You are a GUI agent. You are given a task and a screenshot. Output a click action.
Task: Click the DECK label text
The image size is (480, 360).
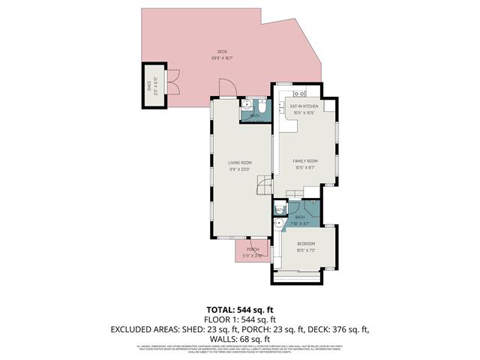tap(222, 52)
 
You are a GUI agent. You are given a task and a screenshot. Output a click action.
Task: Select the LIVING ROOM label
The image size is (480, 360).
tap(240, 163)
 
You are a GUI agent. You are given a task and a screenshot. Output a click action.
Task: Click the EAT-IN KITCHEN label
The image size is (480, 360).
tap(305, 106)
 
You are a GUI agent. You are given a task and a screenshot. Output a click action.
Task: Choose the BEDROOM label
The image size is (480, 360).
tap(305, 244)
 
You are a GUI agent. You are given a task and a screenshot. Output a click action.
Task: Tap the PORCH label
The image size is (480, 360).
tap(253, 250)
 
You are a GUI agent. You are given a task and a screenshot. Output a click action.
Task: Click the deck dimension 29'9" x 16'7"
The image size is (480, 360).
tap(222, 58)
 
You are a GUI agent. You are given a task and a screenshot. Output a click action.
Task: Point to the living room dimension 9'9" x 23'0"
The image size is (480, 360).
tap(240, 169)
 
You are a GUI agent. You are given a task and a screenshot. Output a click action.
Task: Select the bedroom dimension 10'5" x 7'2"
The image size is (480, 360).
tap(305, 250)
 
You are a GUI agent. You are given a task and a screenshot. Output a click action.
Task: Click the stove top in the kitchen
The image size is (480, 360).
tap(297, 94)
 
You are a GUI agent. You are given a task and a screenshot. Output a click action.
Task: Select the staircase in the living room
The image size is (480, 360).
tap(263, 185)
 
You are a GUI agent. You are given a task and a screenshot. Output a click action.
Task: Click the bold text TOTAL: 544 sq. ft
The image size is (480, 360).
tap(240, 309)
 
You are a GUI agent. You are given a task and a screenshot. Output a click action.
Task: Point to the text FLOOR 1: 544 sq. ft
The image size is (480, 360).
tap(240, 319)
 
